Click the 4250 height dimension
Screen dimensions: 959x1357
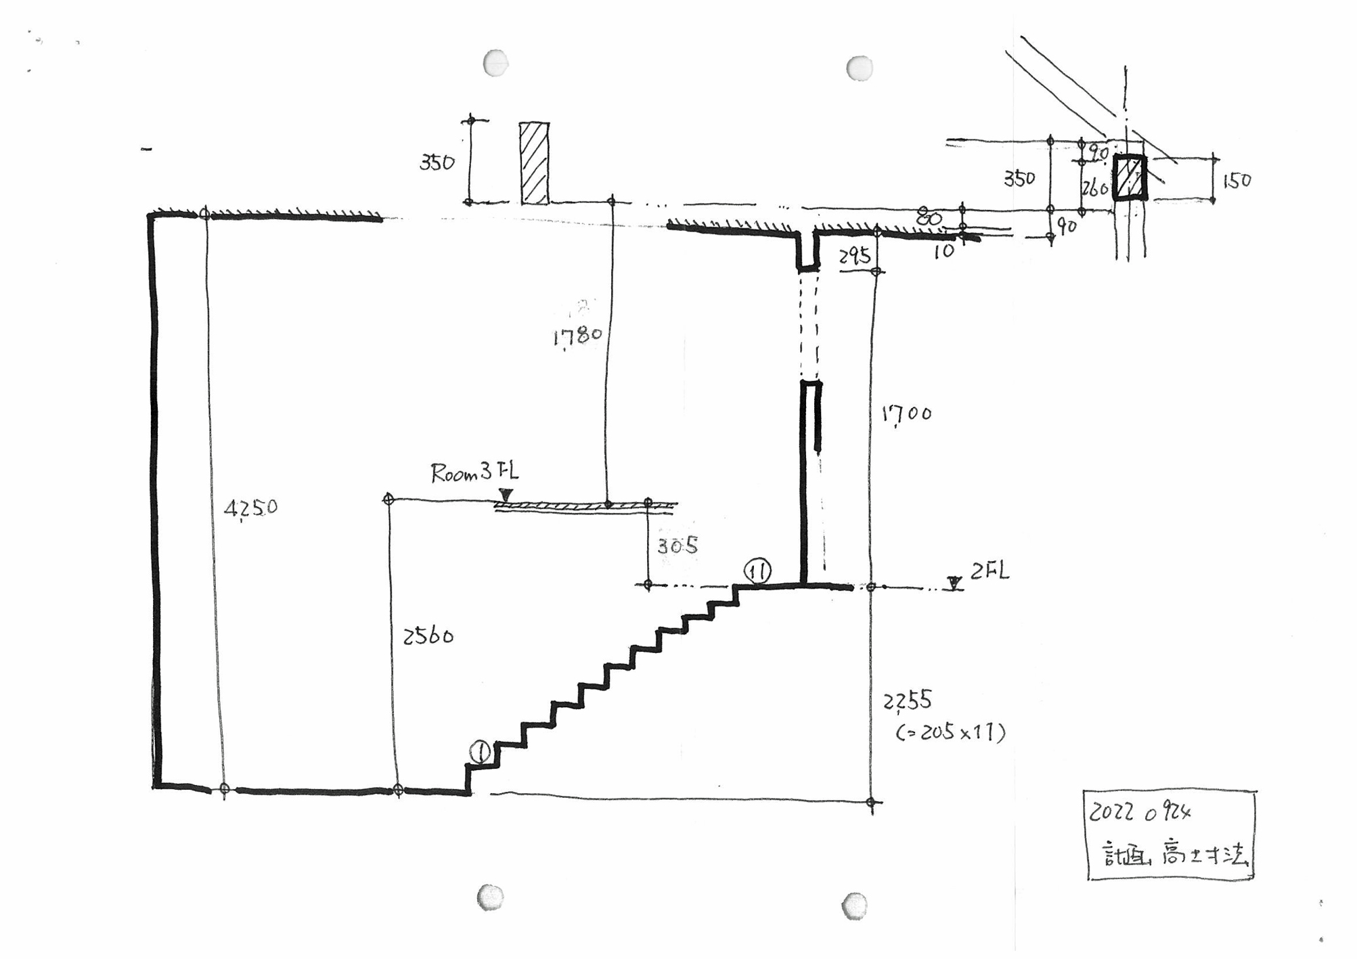click(250, 508)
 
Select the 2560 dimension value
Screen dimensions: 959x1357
click(428, 636)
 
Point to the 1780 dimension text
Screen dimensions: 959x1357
click(577, 336)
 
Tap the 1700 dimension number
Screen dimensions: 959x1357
click(906, 413)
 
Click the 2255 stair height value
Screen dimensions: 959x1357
click(907, 701)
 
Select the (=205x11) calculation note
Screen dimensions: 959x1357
click(950, 732)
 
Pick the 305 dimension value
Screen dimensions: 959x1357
click(677, 545)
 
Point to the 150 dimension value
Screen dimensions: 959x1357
click(1237, 181)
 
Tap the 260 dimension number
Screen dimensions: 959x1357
click(1094, 187)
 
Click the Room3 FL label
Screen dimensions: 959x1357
click(474, 472)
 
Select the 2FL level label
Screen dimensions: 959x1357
click(989, 572)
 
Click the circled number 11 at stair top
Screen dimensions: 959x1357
click(757, 571)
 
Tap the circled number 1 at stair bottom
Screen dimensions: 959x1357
click(480, 752)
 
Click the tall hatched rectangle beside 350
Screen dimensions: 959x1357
click(534, 163)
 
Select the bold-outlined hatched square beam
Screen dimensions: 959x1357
click(1130, 178)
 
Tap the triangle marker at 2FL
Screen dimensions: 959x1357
click(954, 583)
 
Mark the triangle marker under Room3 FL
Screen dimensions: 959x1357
click(506, 495)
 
